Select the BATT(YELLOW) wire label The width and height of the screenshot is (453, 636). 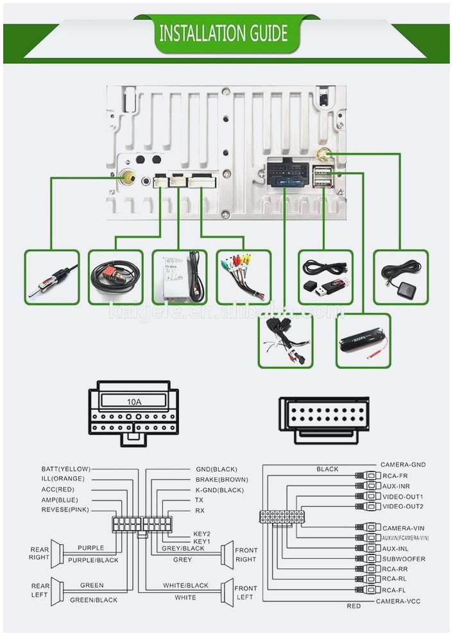pyautogui.click(x=65, y=469)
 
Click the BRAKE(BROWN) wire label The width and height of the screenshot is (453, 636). pyautogui.click(x=221, y=480)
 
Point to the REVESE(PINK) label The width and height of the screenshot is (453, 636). pyautogui.click(x=65, y=510)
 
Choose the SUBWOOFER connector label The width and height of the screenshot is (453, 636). pyautogui.click(x=404, y=559)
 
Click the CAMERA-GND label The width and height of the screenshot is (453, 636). pyautogui.click(x=403, y=464)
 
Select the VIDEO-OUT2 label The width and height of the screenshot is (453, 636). pyautogui.click(x=403, y=507)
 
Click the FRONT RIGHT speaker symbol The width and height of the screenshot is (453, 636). pyautogui.click(x=227, y=554)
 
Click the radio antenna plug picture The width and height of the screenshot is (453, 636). pyautogui.click(x=52, y=277)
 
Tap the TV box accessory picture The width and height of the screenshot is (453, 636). pyautogui.click(x=180, y=277)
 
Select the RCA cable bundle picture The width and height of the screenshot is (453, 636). pyautogui.click(x=243, y=277)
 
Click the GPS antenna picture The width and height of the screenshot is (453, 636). pyautogui.click(x=400, y=277)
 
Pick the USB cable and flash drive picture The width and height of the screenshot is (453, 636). pyautogui.click(x=325, y=277)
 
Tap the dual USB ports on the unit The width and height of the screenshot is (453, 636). pyautogui.click(x=322, y=175)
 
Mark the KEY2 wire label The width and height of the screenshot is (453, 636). pyautogui.click(x=202, y=533)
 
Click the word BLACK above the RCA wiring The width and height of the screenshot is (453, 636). pyautogui.click(x=327, y=470)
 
